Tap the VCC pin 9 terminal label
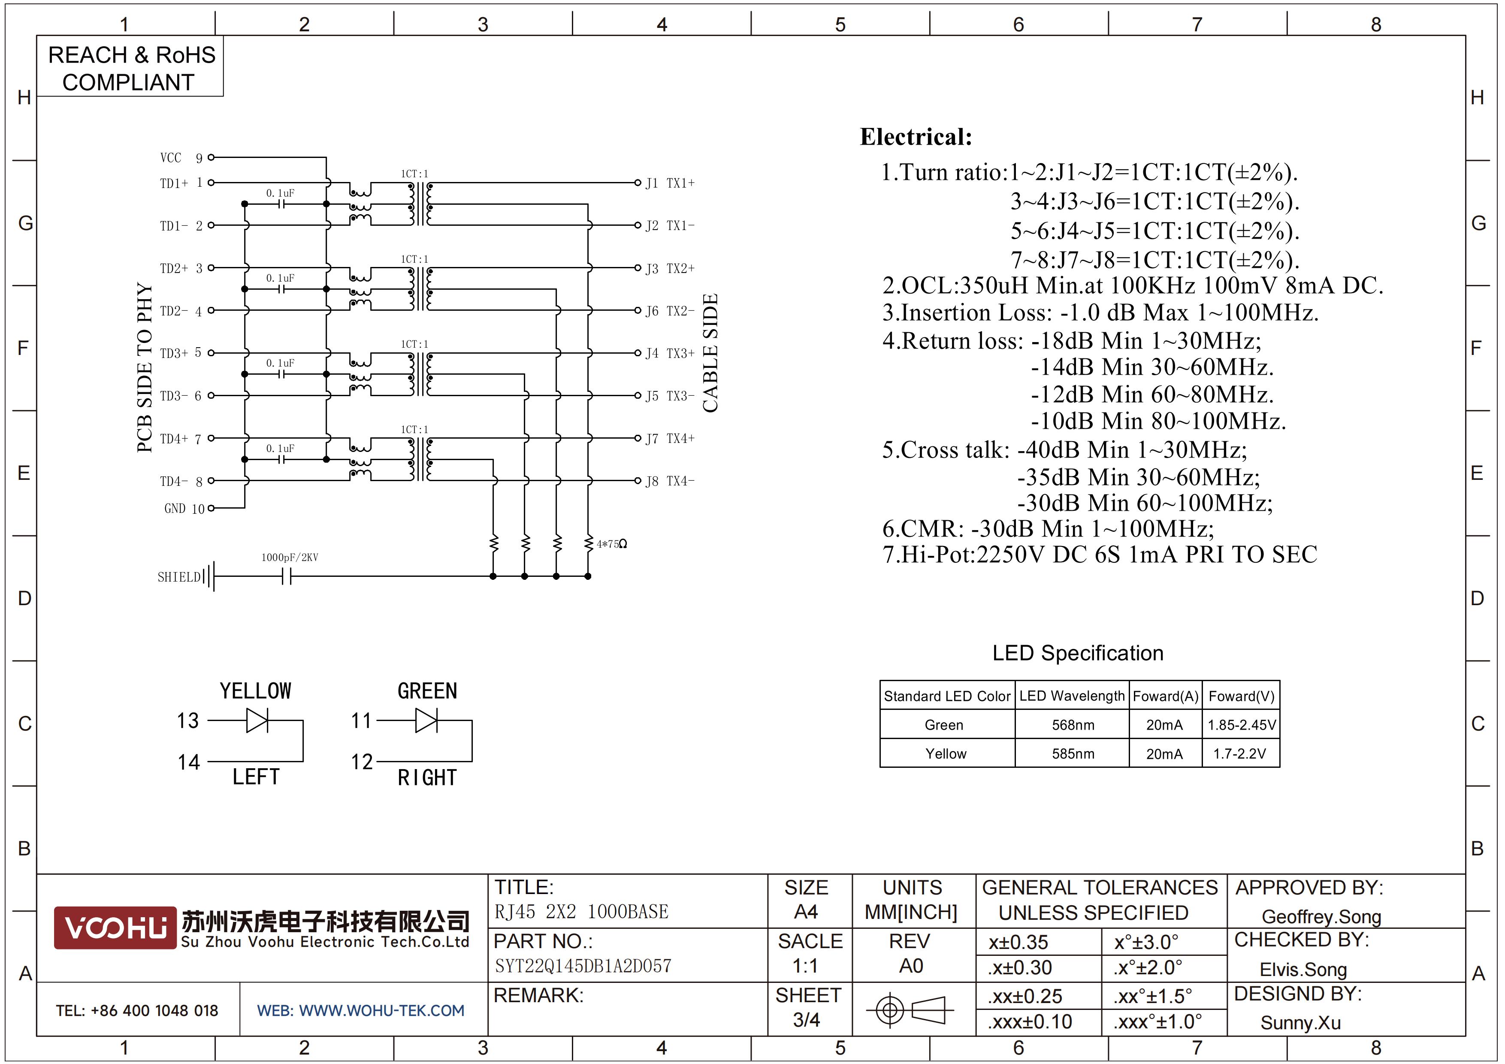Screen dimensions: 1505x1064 181,158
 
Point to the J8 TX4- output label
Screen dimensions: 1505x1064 670,481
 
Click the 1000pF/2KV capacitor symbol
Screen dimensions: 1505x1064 287,577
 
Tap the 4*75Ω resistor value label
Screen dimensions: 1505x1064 612,544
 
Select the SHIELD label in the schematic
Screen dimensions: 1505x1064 179,577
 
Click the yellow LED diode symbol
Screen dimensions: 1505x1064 257,721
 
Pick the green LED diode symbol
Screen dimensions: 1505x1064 427,721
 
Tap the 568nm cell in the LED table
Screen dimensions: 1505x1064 1073,725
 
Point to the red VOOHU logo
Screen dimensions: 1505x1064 115,928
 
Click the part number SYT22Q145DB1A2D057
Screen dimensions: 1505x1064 583,966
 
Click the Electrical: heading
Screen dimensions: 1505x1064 916,137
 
